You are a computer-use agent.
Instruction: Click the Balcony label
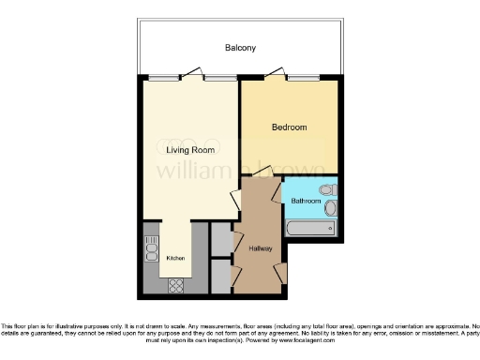click(240, 48)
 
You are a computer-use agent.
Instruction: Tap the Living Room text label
click(190, 150)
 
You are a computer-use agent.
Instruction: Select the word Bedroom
click(290, 127)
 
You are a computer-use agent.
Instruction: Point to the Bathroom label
click(307, 202)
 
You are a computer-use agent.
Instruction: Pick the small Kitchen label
click(175, 258)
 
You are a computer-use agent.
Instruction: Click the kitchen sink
click(151, 248)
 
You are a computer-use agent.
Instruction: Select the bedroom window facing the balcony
click(303, 79)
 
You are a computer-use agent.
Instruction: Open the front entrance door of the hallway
click(281, 271)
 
